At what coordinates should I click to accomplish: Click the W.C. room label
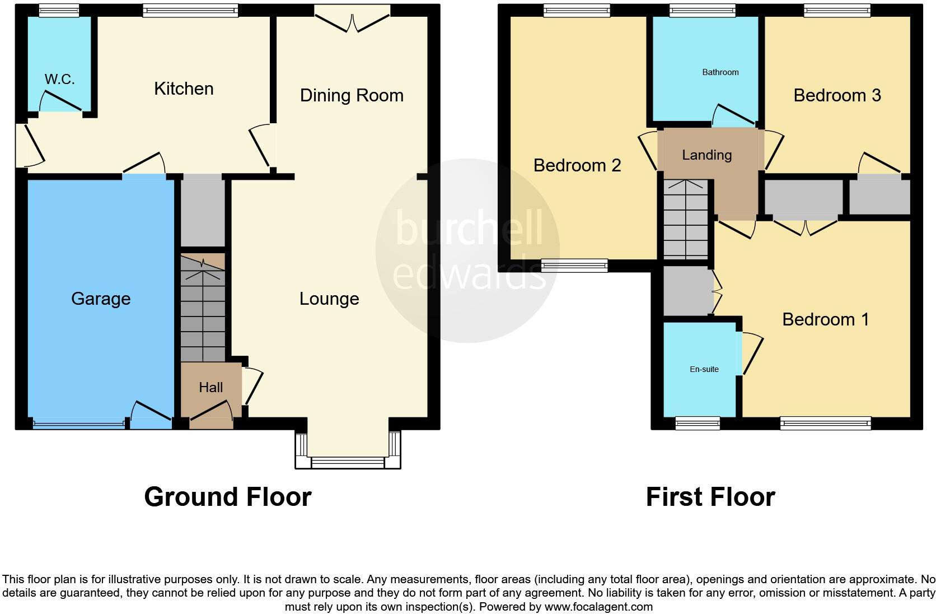59,80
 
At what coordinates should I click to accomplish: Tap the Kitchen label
184,89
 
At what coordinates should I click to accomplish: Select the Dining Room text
352,95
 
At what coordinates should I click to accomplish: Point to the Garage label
101,299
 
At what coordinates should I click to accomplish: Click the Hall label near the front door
210,387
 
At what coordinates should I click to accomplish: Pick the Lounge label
329,299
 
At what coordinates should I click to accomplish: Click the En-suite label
704,369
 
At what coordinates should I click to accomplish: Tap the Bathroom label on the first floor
720,72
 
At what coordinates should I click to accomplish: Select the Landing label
706,155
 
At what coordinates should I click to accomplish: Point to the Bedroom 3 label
837,95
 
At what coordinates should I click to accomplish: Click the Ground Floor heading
227,497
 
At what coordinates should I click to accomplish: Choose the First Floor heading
710,497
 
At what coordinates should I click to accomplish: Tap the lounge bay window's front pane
348,462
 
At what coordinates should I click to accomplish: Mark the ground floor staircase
203,308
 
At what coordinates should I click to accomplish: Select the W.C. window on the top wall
59,10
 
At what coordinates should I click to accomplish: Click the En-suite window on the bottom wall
697,423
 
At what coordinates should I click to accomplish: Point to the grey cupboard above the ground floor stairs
203,211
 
